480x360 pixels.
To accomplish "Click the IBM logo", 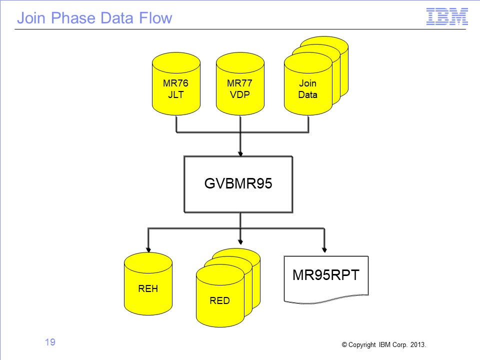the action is (447, 16).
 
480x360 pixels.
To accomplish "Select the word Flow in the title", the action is (155, 18).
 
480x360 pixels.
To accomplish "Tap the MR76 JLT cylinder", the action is (176, 83).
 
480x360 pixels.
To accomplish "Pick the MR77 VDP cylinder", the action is (240, 83).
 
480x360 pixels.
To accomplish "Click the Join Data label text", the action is (307, 89).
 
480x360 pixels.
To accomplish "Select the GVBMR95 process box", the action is (238, 184).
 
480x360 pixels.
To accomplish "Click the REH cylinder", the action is (148, 284).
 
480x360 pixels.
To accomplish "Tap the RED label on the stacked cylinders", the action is (219, 300).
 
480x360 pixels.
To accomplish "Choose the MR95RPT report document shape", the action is (326, 279).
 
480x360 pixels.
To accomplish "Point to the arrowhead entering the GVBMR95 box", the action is (240, 153).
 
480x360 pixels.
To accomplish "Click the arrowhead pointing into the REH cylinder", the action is (148, 250).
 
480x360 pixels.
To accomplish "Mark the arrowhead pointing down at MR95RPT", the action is (324, 250).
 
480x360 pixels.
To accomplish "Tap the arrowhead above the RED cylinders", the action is (240, 242).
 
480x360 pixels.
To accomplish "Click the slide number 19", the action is (50, 342).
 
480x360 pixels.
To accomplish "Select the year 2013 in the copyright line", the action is (417, 344).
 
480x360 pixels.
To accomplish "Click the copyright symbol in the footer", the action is (344, 344).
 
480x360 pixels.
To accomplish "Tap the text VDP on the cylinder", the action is (239, 94).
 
